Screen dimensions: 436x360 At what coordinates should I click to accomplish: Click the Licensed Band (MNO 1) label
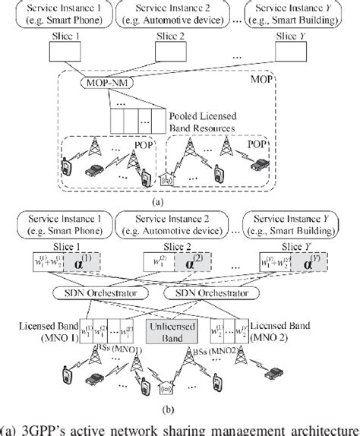click(x=47, y=332)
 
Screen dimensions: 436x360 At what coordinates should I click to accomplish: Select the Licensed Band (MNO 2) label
click(x=313, y=332)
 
